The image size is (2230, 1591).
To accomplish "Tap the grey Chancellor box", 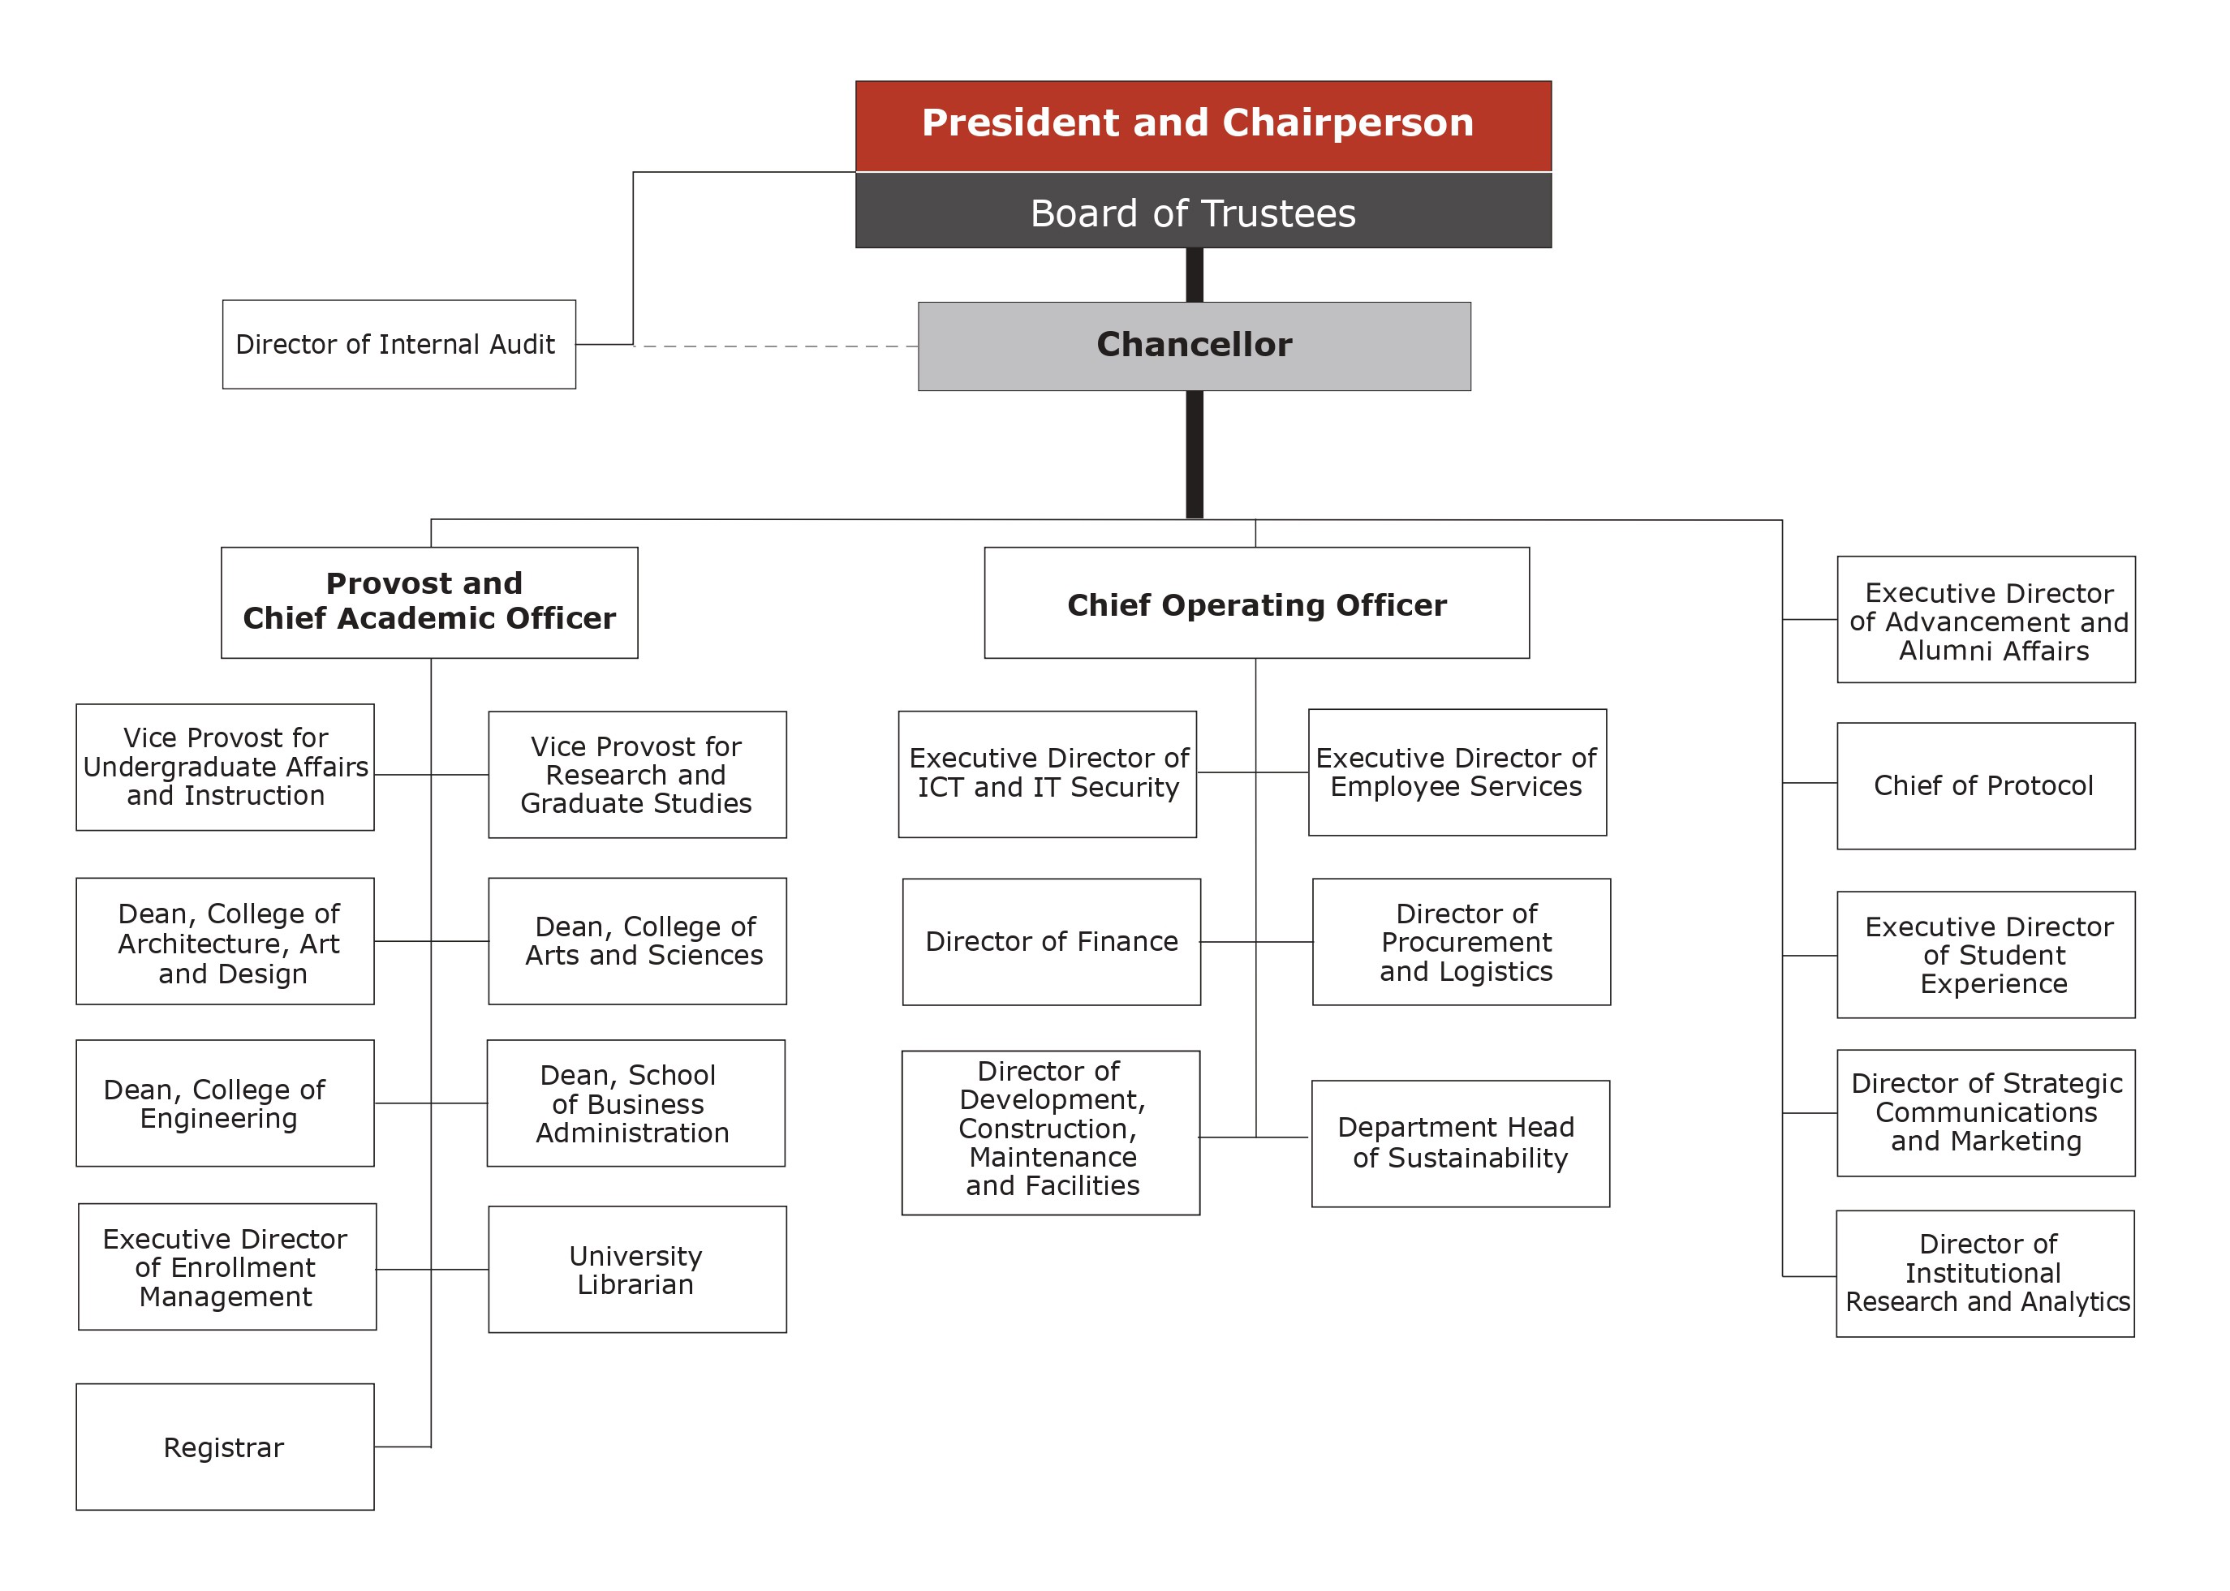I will (1194, 346).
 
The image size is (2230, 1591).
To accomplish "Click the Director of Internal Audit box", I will (398, 344).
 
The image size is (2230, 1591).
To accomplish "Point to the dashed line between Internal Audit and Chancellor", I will (774, 346).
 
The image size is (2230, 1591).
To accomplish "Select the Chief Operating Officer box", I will (1255, 603).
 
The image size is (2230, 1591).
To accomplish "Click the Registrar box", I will (224, 1446).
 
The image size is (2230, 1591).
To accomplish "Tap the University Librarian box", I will (636, 1269).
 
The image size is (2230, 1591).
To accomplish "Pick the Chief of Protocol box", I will (1985, 785).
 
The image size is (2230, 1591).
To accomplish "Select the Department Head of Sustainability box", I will (1460, 1143).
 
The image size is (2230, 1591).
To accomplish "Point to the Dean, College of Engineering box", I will (224, 1103).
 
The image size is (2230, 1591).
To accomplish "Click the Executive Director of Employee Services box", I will (1456, 772).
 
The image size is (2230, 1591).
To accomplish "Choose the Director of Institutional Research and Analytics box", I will (1984, 1273).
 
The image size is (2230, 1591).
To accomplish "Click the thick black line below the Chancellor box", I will (1194, 453).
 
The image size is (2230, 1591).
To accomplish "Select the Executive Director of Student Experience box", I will (1985, 954).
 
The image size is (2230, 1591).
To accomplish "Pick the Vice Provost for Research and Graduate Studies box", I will (636, 774).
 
